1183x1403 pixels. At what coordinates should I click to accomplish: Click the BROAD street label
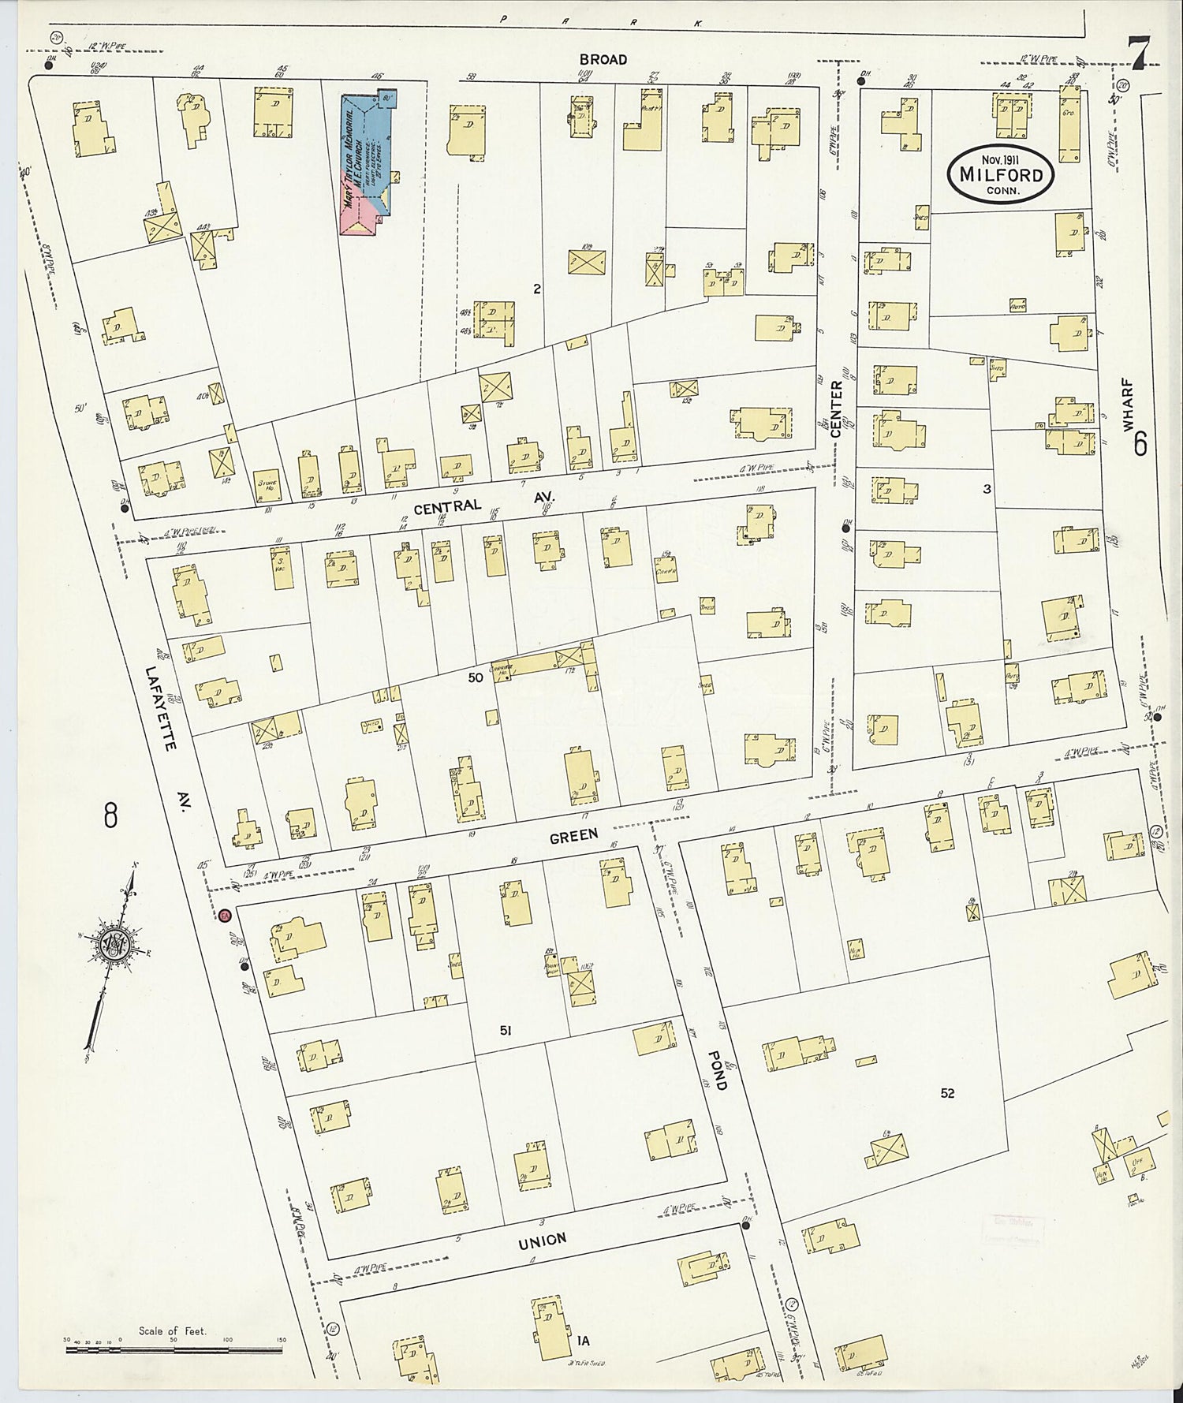click(603, 60)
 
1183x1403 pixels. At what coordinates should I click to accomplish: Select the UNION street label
click(543, 1241)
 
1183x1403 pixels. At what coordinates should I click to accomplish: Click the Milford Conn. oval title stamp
click(1002, 174)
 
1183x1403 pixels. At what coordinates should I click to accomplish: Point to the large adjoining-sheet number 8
click(110, 815)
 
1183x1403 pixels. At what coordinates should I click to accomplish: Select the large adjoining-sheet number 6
click(1140, 446)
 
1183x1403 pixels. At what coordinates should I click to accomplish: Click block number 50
click(475, 676)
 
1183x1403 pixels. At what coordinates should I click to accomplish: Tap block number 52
click(947, 1093)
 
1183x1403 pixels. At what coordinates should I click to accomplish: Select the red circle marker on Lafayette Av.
click(224, 915)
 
